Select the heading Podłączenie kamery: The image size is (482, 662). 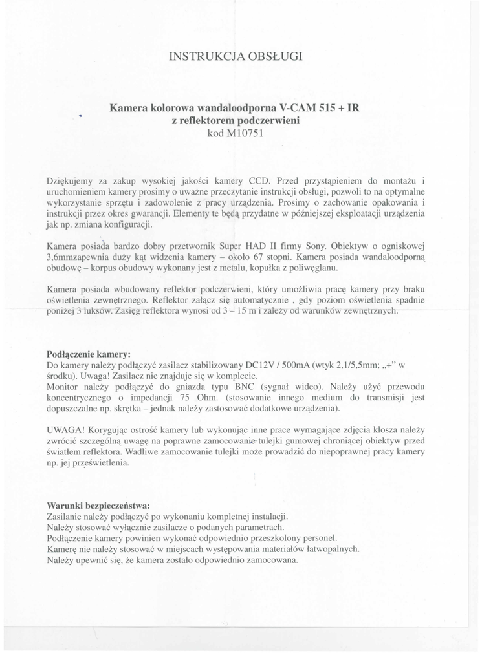(x=89, y=354)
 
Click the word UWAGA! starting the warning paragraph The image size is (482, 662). (x=66, y=431)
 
